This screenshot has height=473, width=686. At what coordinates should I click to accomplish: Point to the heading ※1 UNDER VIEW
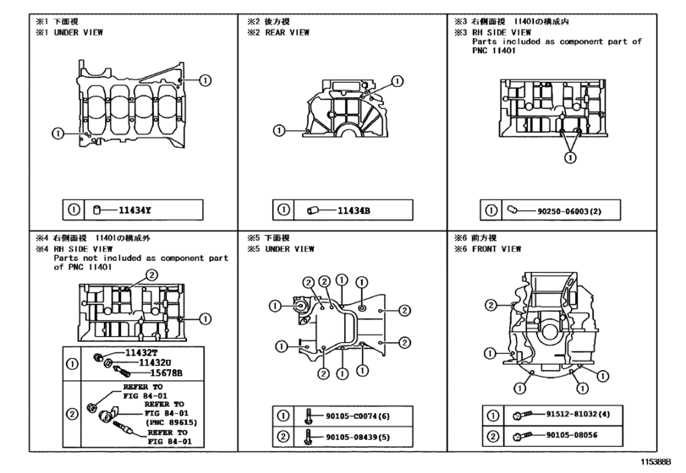(69, 32)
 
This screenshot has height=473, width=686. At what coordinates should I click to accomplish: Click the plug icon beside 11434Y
(97, 210)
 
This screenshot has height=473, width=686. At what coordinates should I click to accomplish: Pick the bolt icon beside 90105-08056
(523, 437)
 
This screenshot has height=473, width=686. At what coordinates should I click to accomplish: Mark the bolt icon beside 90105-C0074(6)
(309, 416)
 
